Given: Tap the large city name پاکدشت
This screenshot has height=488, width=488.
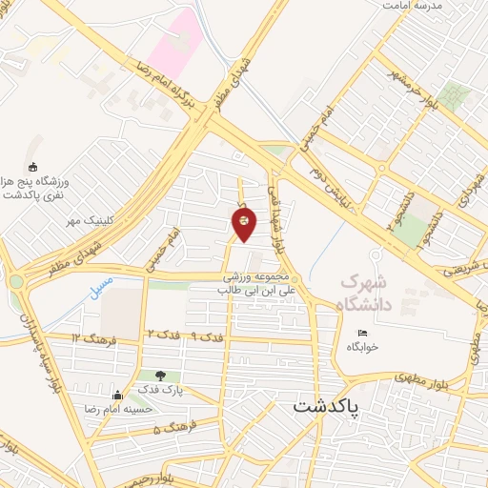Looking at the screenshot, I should tap(327, 407).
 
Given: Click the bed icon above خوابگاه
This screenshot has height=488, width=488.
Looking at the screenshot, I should tap(361, 333).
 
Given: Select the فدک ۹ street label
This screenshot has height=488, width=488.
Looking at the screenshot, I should tap(203, 337).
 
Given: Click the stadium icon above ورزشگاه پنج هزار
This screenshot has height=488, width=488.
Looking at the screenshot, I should tap(32, 168).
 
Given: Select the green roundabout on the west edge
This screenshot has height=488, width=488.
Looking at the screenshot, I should tap(16, 282).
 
